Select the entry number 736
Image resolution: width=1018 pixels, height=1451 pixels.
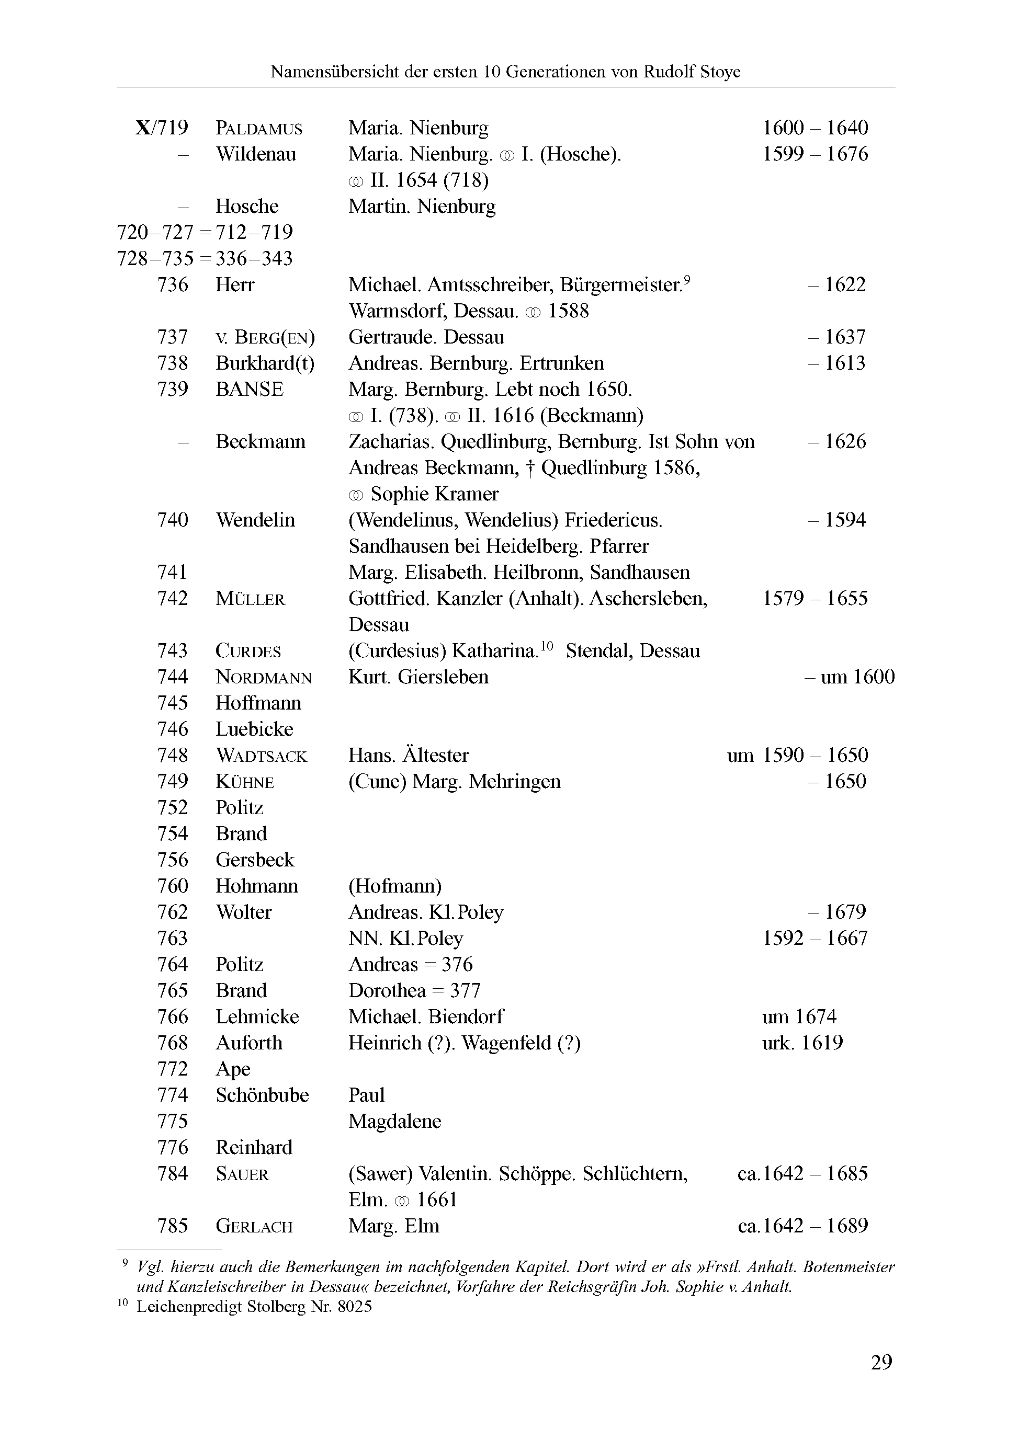[173, 285]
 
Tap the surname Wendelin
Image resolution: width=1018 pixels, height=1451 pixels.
[255, 520]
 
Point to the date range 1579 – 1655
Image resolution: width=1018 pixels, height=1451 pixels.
[815, 599]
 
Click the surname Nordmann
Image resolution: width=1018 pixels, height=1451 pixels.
[264, 678]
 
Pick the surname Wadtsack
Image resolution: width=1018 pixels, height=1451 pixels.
[261, 756]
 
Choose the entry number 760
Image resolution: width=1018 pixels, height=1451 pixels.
[173, 886]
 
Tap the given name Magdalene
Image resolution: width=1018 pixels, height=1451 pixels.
[394, 1121]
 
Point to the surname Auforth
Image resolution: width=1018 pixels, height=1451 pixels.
[248, 1043]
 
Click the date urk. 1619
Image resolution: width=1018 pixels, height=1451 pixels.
[802, 1043]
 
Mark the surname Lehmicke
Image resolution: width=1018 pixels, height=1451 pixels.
[257, 1017]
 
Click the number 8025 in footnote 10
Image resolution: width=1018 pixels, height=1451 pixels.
[355, 1306]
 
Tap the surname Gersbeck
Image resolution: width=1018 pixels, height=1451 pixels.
[255, 860]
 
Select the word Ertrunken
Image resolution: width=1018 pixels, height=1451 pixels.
[561, 363]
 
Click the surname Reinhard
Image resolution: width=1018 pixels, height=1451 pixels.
[254, 1148]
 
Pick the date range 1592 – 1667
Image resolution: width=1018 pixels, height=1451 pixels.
[815, 939]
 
